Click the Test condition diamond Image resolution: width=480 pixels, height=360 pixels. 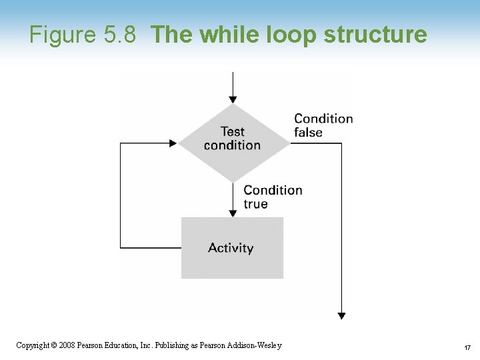pyautogui.click(x=232, y=142)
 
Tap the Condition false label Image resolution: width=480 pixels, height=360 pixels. pyautogui.click(x=323, y=125)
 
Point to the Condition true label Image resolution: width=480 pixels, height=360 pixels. pyautogui.click(x=272, y=197)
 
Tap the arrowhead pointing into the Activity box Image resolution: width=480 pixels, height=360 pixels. pyautogui.click(x=233, y=213)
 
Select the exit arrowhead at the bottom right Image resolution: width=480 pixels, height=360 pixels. pyautogui.click(x=341, y=315)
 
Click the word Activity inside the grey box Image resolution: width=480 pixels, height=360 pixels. pyautogui.click(x=231, y=248)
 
